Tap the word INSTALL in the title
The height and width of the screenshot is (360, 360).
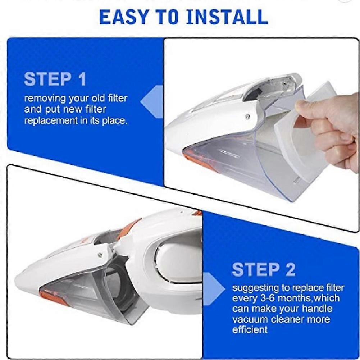coord(227,17)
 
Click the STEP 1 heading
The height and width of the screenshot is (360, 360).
coord(55,79)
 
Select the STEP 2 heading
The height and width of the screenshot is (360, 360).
coord(264,269)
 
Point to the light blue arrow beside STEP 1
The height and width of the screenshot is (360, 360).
coord(152,102)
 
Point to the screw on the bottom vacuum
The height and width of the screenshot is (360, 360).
coord(100,254)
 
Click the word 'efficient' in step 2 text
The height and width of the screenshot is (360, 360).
coord(250,330)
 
